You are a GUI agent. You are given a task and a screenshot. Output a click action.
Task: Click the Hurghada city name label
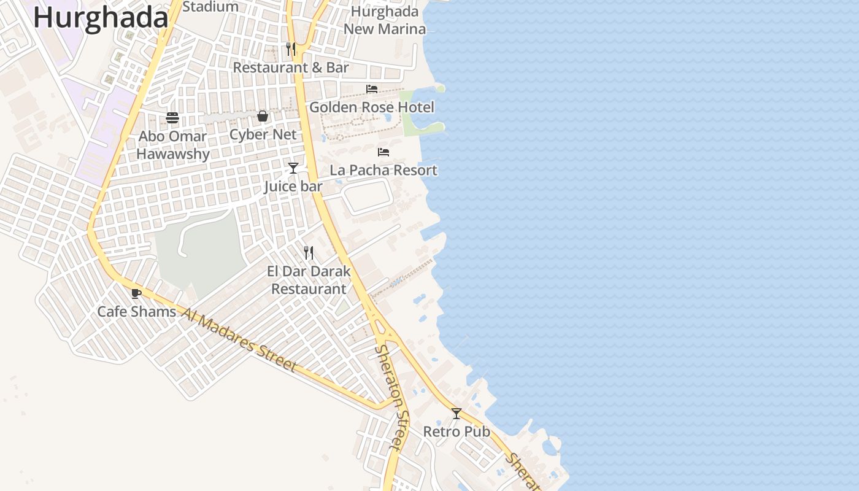coord(100,17)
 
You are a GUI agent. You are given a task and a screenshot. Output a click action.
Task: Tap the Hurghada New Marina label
coord(385,20)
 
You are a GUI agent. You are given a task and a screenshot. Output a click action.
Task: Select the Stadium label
coord(210,7)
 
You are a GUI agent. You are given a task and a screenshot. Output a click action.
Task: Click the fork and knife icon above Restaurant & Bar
coord(291,49)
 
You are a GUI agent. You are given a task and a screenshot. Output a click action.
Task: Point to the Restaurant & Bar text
coord(291,68)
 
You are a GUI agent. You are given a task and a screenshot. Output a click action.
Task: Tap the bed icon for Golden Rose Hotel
coord(372,89)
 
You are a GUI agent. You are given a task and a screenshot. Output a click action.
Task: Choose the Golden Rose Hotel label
coord(372,107)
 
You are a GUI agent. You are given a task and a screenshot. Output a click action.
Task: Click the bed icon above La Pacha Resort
coord(383,152)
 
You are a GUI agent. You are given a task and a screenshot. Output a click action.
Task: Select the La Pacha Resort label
coord(383,170)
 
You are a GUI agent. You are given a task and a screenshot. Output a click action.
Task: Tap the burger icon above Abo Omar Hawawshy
coord(172,118)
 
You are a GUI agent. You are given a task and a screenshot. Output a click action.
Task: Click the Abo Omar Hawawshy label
coord(173,145)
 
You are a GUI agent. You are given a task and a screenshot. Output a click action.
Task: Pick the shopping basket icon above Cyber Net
coord(263,116)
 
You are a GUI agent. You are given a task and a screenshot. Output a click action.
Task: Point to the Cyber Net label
coord(263,134)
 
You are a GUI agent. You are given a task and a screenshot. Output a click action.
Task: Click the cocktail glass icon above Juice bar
coord(293,168)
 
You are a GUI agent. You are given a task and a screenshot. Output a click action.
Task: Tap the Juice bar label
coord(293,186)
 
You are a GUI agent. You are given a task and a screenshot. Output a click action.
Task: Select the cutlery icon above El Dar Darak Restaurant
coord(309,252)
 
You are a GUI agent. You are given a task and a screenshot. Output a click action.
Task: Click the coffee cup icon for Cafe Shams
coord(136,293)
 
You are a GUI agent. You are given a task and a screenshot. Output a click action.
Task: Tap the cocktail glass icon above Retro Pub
coord(456,414)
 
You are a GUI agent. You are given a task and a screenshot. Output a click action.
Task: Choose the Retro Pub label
coord(456,431)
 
